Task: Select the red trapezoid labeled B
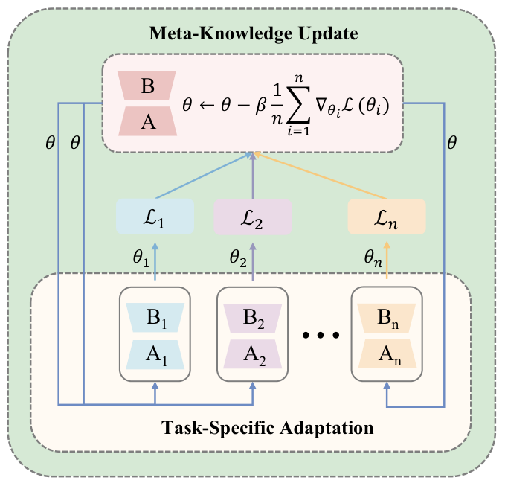(148, 87)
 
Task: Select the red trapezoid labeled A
(148, 121)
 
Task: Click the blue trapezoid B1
(155, 316)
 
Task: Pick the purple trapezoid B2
(253, 316)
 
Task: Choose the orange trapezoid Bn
(387, 316)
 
